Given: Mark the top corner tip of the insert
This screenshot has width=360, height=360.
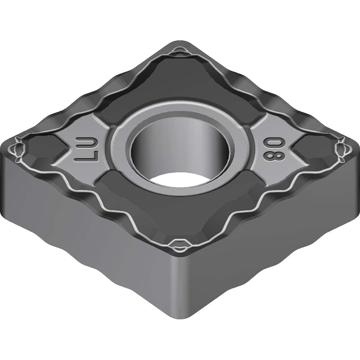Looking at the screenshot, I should pos(180,42).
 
